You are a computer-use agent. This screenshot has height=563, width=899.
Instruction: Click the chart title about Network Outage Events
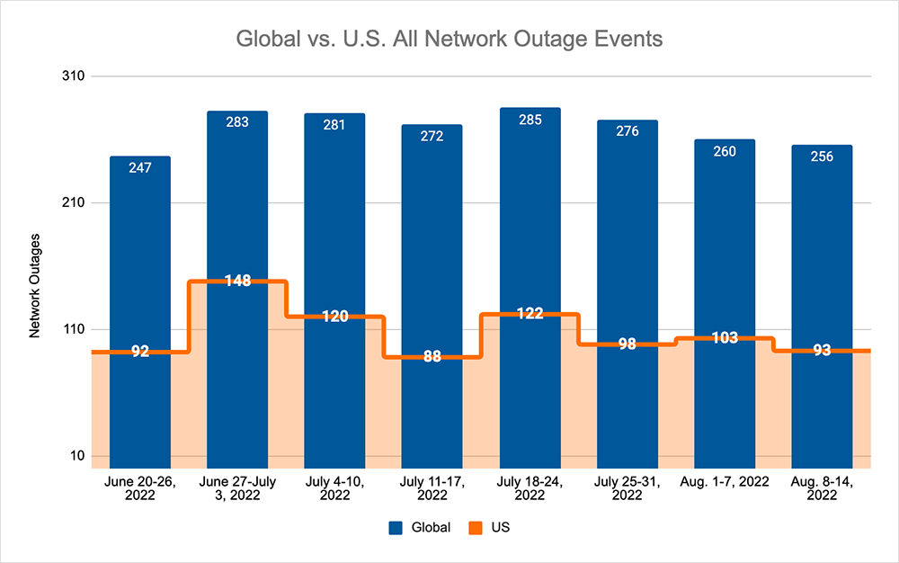tap(449, 40)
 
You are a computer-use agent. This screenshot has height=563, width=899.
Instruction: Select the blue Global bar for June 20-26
tap(140, 270)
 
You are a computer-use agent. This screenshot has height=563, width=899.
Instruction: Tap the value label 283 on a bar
tap(237, 122)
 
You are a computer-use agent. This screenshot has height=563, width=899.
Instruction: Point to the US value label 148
tap(237, 281)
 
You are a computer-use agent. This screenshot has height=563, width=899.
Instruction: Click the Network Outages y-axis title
tap(35, 285)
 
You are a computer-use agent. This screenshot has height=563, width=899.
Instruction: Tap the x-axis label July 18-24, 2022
tap(530, 487)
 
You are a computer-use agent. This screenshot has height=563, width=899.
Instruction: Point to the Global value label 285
tap(530, 119)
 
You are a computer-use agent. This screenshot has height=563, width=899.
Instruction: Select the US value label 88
tap(432, 356)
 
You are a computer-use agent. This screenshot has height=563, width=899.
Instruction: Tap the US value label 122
tap(530, 313)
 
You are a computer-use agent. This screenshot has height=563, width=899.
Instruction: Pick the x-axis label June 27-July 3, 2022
tap(237, 487)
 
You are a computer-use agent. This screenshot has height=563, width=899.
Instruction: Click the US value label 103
tap(725, 337)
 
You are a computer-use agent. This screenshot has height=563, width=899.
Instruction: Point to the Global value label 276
tap(628, 131)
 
